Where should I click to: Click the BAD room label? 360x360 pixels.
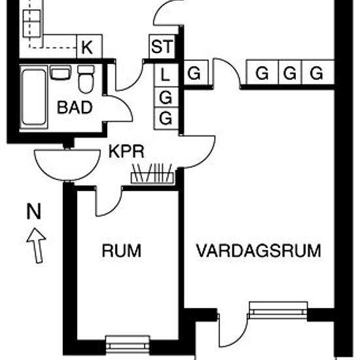coord(75,107)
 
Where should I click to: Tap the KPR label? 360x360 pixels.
coord(126,151)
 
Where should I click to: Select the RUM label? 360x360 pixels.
coord(122,251)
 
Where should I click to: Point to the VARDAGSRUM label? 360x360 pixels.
coord(259,251)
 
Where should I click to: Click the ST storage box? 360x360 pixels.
coord(162,46)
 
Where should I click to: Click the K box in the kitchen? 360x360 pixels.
coord(89,46)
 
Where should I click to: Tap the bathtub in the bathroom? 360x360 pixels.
coord(34,98)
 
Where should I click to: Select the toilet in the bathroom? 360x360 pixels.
coord(86,79)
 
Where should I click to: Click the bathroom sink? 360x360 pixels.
coord(60,73)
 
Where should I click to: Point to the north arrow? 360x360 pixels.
coord(37,245)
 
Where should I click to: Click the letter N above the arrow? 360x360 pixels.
coord(34,211)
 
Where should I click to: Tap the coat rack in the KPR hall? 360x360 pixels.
coord(153,174)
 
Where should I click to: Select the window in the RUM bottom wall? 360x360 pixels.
coord(128,345)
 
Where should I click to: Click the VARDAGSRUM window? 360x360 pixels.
coord(278,310)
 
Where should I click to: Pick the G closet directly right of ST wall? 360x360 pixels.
coord(196,73)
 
